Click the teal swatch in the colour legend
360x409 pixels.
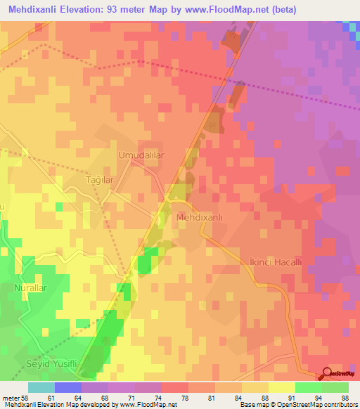pyautogui.click(x=41, y=387)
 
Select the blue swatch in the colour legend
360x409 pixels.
pyautogui.click(x=67, y=387)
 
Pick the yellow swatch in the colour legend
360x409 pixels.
pyautogui.click(x=281, y=387)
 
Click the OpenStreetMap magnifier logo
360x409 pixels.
pyautogui.click(x=328, y=375)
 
